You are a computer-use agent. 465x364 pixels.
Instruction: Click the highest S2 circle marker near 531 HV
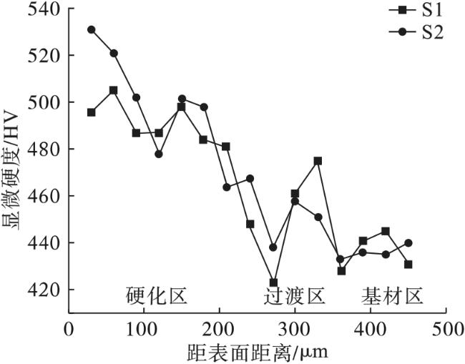point(92,30)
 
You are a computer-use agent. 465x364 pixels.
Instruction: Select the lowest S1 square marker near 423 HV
point(273,282)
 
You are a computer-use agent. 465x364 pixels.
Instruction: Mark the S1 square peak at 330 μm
point(318,161)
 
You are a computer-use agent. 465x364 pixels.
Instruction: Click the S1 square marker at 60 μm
point(114,90)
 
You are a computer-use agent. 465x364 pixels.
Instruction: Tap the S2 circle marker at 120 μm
point(159,154)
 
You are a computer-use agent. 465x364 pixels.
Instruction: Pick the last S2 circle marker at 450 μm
point(408,243)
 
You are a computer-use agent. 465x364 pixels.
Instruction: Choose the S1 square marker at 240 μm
point(250,224)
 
